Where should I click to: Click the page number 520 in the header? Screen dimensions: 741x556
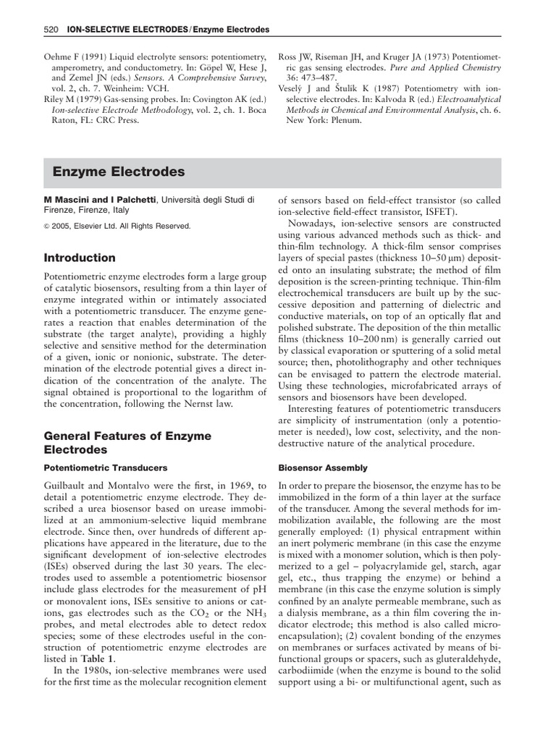tap(51, 30)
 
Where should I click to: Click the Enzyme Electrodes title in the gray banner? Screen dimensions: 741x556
tap(119, 172)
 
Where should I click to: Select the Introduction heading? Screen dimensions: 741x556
tap(80, 258)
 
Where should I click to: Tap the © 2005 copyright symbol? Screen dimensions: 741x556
tap(48, 226)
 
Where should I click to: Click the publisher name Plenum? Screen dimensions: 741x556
tap(345, 120)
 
